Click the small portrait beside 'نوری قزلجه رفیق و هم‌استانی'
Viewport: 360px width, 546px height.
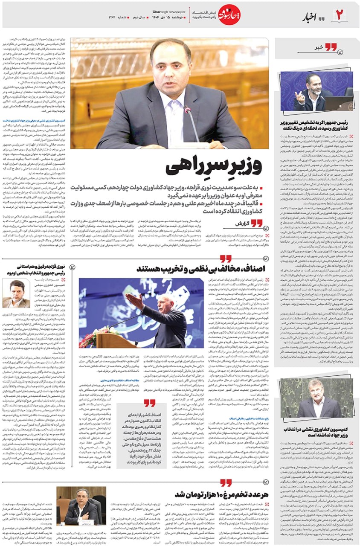(x=16, y=293)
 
